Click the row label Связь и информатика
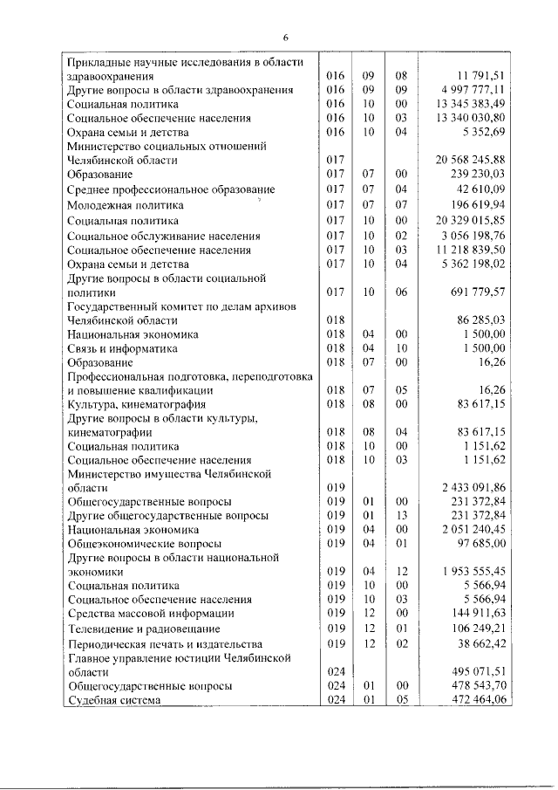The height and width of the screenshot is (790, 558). tap(127, 347)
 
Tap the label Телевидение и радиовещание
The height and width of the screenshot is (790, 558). tap(143, 629)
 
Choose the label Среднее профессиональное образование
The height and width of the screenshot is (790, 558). tap(171, 189)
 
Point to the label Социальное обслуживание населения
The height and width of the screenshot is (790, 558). tap(165, 236)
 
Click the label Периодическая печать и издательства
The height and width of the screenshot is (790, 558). tap(165, 643)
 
